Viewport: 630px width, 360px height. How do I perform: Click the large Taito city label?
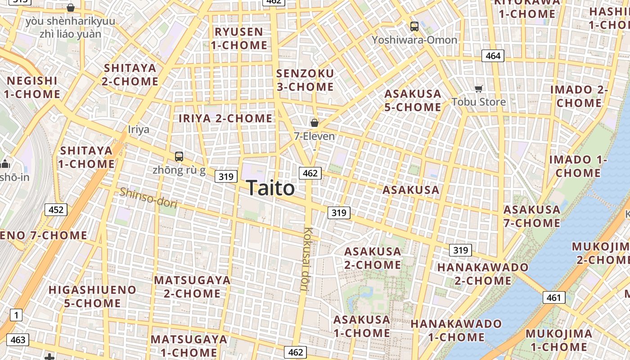tap(270, 188)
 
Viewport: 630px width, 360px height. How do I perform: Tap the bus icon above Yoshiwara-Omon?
tap(414, 27)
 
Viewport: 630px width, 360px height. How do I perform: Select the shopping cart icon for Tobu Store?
tap(479, 89)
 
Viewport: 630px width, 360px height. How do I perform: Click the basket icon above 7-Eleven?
tap(315, 122)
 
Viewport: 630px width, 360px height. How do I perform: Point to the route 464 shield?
tap(493, 56)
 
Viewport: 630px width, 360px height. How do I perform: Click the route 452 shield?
tap(56, 209)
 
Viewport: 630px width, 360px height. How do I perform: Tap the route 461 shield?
tap(554, 297)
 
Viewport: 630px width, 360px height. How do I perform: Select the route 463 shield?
tap(18, 339)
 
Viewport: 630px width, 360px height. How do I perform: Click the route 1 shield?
tap(16, 315)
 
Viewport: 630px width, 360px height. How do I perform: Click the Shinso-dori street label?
tap(148, 198)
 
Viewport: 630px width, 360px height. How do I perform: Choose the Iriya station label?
tap(139, 130)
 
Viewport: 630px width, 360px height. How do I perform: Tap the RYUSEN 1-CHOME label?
tap(239, 39)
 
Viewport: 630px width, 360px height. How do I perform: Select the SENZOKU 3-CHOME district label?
tap(305, 80)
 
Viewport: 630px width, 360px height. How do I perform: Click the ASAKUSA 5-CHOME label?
tap(413, 100)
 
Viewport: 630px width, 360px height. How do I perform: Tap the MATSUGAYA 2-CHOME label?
tap(192, 287)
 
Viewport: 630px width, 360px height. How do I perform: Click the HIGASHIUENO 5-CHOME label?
tap(92, 296)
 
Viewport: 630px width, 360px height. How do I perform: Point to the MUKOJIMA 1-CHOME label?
tap(559, 340)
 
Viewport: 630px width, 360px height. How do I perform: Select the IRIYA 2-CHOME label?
tap(225, 118)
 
